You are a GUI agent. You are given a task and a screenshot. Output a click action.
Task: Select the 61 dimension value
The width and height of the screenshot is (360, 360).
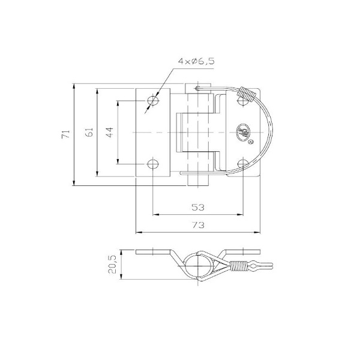click(89, 133)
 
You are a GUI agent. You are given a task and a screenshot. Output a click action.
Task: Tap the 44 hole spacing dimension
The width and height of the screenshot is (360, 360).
click(110, 133)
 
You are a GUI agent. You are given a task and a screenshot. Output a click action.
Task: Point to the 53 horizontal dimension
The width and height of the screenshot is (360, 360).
click(198, 207)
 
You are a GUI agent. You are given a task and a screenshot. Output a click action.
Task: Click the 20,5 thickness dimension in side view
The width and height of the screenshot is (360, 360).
click(111, 265)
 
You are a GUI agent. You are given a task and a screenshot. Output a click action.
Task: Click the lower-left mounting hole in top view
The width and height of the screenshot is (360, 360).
click(153, 163)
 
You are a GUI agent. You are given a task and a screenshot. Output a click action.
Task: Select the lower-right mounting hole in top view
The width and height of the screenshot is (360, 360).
click(242, 163)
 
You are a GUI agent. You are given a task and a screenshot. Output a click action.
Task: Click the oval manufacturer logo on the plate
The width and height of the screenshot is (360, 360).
click(244, 132)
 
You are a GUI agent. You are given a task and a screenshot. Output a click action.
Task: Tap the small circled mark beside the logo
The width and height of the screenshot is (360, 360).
click(251, 142)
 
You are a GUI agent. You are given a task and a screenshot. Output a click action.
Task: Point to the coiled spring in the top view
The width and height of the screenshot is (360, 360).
click(246, 94)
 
